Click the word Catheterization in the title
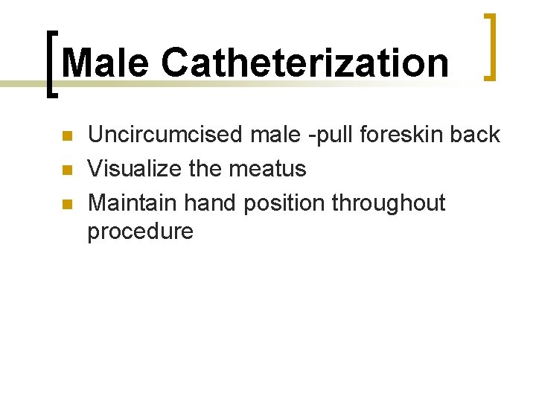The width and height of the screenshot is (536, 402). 305,63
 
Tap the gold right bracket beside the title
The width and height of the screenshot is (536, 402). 490,46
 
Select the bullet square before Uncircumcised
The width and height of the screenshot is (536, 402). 66,136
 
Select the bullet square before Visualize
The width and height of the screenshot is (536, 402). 66,170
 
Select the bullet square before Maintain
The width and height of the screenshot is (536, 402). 66,203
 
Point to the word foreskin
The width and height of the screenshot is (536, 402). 400,135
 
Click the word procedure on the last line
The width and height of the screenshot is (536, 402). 140,232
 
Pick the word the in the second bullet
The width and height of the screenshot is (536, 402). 205,169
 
